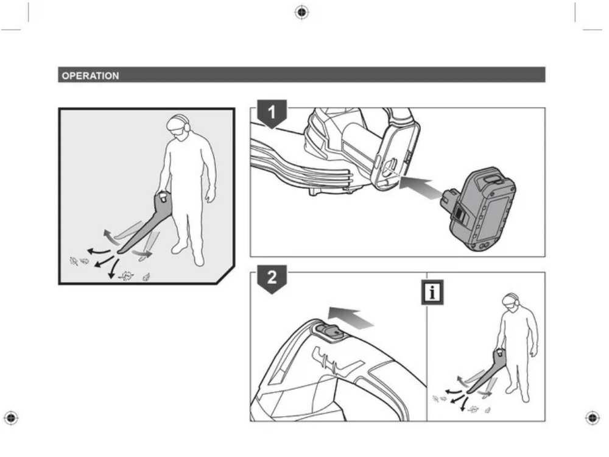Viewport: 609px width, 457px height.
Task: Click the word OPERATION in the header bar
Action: click(x=91, y=76)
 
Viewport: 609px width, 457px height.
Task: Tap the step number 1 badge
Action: click(x=272, y=113)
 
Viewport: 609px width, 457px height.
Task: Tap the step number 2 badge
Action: click(x=272, y=278)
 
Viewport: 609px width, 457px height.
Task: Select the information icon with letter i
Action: click(x=432, y=292)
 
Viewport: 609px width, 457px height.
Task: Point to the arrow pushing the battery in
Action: click(x=421, y=187)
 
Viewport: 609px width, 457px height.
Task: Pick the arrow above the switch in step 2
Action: click(x=351, y=316)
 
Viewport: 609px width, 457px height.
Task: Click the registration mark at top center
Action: click(x=302, y=12)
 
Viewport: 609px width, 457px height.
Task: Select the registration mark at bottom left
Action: click(x=11, y=418)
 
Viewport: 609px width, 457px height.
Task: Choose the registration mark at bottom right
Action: click(x=593, y=418)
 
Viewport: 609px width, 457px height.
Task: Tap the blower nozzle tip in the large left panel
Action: click(x=121, y=252)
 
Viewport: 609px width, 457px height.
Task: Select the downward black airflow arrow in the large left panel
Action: click(x=113, y=269)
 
